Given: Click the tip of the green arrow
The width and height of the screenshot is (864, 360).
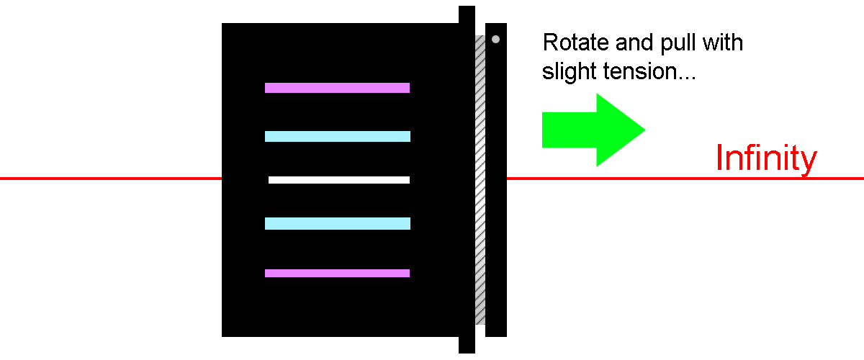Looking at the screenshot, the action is tap(645, 130).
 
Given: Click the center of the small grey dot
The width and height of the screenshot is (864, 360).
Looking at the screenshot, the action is tap(495, 39).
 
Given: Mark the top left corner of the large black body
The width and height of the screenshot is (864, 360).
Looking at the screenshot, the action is tap(222, 23).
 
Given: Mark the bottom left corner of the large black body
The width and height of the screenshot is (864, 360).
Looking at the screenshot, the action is tap(222, 336).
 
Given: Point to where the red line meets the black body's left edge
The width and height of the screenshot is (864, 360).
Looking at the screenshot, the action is tap(222, 179).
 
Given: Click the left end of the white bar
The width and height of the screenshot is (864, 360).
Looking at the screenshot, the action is tap(269, 180).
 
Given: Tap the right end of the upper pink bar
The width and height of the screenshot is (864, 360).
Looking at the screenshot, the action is tap(409, 88).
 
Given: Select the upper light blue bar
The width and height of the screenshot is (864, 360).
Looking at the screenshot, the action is tap(338, 136).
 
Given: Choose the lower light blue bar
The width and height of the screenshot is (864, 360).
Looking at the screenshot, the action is tap(338, 223).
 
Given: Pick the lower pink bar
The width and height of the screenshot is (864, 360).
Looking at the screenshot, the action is tap(337, 273).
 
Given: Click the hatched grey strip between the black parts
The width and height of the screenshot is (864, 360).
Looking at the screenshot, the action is tap(480, 180).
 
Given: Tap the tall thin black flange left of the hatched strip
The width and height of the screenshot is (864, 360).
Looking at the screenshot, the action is tap(467, 179).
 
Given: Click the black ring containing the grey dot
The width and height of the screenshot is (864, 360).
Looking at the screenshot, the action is tap(496, 180).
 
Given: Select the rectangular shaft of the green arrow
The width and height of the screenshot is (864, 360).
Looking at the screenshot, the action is tap(570, 130).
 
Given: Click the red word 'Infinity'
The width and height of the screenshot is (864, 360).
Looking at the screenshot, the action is tap(766, 158).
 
